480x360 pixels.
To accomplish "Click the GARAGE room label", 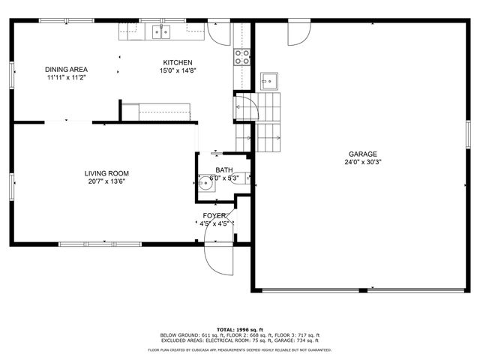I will (x=361, y=154).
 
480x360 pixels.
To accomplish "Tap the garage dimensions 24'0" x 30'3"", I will (x=363, y=162).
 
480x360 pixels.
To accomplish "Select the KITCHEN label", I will (x=178, y=62).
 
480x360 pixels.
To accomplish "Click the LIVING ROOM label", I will (x=106, y=173).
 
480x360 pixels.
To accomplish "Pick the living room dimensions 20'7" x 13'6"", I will (x=106, y=181).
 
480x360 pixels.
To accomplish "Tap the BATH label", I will (x=223, y=170).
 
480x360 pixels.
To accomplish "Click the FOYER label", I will (x=214, y=215).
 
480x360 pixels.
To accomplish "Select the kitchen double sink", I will (x=161, y=31).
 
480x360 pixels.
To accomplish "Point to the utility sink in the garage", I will (x=268, y=80).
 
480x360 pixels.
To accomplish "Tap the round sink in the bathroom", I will (x=205, y=181).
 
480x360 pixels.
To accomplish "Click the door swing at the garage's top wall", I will (x=298, y=31).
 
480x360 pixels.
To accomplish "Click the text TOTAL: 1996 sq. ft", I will (x=240, y=329).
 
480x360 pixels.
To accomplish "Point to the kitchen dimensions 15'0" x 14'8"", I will (x=177, y=70).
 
